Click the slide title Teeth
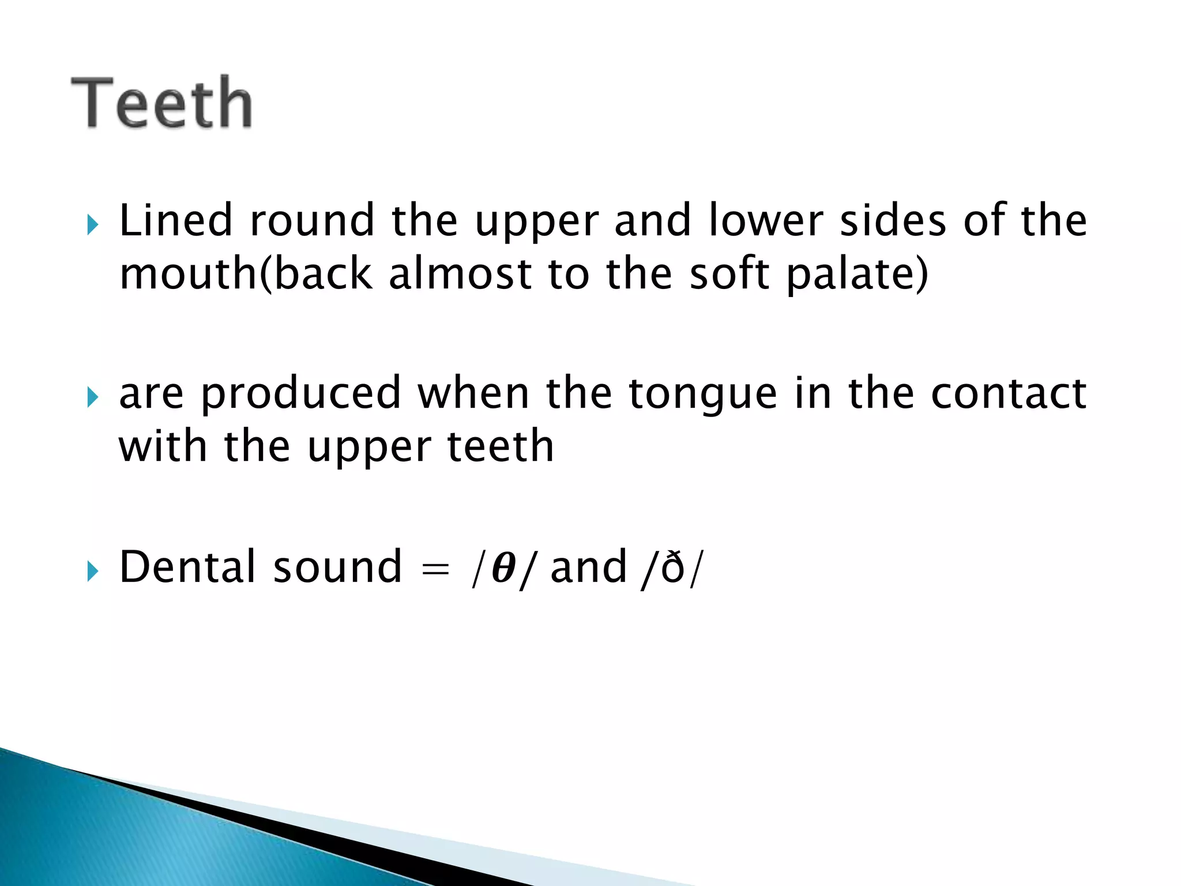tap(162, 103)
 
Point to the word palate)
tap(857, 274)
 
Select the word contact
tap(1009, 393)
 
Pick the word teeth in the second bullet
tap(501, 446)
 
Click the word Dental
tap(187, 567)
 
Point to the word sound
tap(337, 567)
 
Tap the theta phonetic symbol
tap(503, 568)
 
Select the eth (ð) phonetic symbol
tap(672, 568)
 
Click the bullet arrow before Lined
tap(92, 224)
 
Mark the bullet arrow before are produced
tap(92, 397)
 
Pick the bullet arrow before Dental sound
tap(92, 571)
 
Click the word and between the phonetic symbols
tap(589, 567)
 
